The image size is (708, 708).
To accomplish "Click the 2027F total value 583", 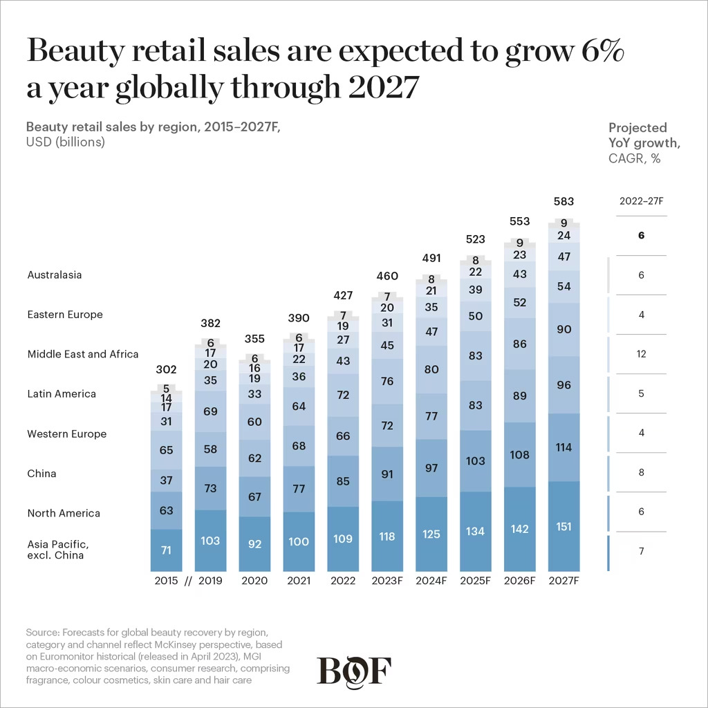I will click(564, 201).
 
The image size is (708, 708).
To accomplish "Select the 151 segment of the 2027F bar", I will click(564, 526).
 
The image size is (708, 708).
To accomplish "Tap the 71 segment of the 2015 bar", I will click(166, 550).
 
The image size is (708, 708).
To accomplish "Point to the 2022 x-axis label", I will click(343, 581).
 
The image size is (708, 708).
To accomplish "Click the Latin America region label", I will click(62, 394).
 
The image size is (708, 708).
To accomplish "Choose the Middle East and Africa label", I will click(83, 354).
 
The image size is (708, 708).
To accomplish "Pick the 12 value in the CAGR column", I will click(642, 354).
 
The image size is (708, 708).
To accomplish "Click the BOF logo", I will click(354, 671).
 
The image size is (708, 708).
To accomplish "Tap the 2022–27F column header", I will click(642, 201).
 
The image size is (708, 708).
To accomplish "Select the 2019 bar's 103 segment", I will click(210, 540).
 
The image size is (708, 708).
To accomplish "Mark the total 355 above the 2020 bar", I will click(254, 339).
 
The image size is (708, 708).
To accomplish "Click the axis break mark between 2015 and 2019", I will click(188, 581).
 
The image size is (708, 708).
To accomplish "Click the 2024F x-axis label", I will click(431, 581).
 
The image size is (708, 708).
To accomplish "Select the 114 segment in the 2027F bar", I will click(564, 447).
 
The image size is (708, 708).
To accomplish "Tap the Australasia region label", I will click(55, 274).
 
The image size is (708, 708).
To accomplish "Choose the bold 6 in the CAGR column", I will click(642, 236).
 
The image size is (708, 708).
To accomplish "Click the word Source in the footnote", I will click(42, 632).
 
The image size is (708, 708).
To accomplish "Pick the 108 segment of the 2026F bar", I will click(520, 455).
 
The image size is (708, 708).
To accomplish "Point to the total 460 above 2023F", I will click(387, 277).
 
